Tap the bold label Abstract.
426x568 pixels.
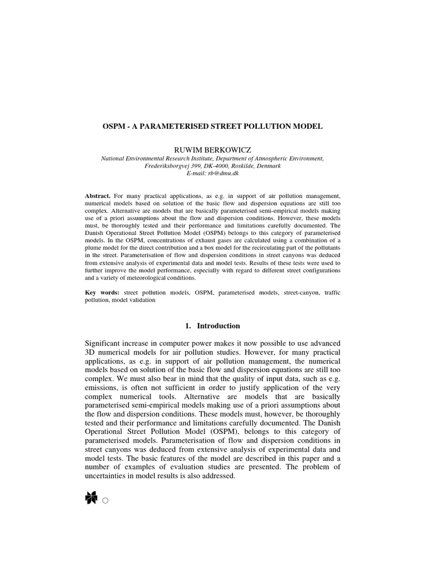coord(98,196)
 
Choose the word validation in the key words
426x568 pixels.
coord(143,300)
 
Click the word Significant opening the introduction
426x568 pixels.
coord(104,346)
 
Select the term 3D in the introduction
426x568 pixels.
coord(91,356)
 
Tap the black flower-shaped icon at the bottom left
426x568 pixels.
coord(91,499)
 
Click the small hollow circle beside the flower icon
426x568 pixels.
coord(105,501)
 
